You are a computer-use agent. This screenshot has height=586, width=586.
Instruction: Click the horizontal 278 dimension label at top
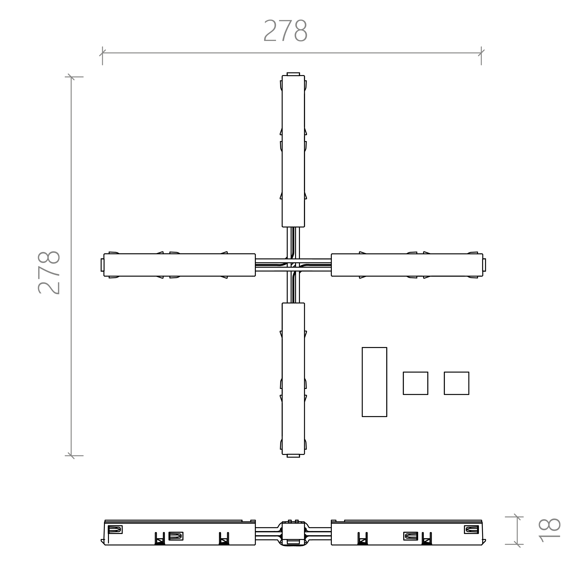(286, 30)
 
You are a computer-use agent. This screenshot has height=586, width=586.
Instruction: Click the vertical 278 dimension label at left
(49, 273)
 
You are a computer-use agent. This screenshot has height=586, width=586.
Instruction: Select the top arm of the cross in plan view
(293, 151)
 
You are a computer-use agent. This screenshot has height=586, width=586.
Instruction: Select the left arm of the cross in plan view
(180, 265)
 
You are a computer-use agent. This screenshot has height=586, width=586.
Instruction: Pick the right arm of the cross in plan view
(407, 265)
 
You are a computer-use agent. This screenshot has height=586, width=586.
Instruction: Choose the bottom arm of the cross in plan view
(293, 379)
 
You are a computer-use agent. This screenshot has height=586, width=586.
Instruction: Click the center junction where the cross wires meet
(293, 265)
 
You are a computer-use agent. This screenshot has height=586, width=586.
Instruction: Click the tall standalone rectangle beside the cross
(374, 382)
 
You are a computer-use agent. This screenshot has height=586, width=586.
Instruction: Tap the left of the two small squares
(415, 383)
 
